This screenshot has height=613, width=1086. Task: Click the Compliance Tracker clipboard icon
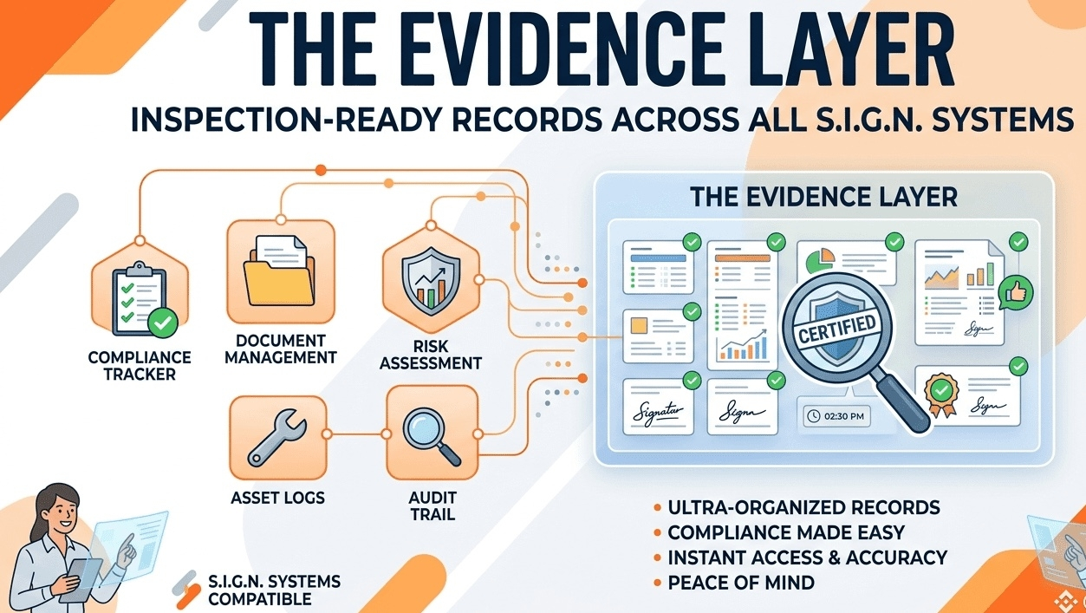(139, 298)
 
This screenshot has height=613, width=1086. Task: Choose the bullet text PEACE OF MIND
(740, 583)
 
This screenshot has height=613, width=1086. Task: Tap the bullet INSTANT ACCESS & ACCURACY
(807, 558)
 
